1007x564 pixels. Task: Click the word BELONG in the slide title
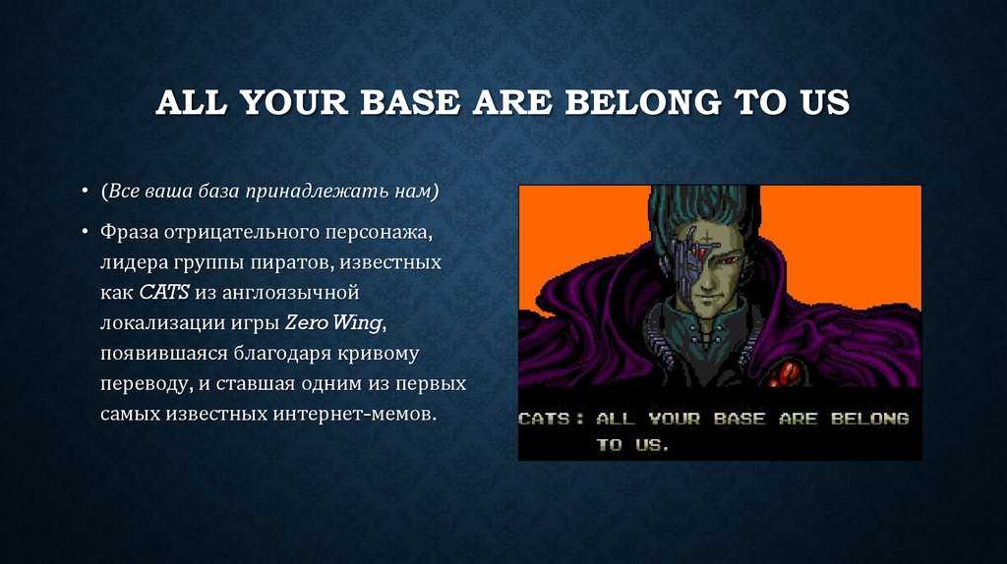[643, 102]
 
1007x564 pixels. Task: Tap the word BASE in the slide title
[410, 102]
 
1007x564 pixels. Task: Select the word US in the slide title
[825, 102]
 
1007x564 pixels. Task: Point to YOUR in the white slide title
[294, 102]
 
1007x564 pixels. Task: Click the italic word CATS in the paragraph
[164, 293]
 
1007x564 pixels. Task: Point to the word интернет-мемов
[354, 415]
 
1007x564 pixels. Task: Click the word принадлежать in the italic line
[318, 192]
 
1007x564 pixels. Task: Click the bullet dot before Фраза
[85, 231]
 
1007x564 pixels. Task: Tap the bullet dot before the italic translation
[85, 191]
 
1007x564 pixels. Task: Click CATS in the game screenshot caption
[544, 419]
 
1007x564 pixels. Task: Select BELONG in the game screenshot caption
[870, 419]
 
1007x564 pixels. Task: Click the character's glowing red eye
[729, 260]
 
